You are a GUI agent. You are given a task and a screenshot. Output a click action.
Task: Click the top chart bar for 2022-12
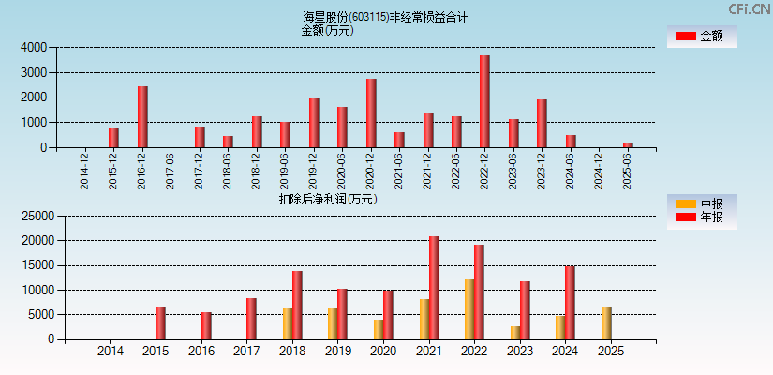(x=484, y=101)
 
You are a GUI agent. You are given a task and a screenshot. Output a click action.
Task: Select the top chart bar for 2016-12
(x=142, y=117)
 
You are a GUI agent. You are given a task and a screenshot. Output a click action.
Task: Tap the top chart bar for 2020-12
(x=371, y=113)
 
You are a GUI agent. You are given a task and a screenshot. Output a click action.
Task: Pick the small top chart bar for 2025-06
(x=628, y=145)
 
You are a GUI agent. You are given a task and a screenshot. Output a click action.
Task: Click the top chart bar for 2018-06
(x=228, y=142)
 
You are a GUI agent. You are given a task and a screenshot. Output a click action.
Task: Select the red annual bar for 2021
(x=434, y=288)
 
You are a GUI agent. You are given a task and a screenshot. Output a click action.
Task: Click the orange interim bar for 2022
(x=469, y=309)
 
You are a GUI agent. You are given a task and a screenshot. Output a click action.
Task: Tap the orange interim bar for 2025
(x=606, y=323)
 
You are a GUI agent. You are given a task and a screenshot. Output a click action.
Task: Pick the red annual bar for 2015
(x=160, y=323)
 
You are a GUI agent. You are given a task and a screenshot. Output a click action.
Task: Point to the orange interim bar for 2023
(x=515, y=333)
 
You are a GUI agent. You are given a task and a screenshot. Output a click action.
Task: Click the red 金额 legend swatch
(x=686, y=36)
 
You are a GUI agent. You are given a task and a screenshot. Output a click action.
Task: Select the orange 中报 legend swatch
(x=686, y=203)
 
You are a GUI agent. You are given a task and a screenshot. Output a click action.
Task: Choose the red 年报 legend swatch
(x=686, y=217)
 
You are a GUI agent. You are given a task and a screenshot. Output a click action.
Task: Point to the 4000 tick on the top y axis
(x=35, y=47)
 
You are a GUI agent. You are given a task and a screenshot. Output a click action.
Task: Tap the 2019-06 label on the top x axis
(x=284, y=170)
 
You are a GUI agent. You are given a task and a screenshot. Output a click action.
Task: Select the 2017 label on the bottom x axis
(x=246, y=352)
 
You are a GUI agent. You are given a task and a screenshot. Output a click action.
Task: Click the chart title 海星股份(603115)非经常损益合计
(x=385, y=17)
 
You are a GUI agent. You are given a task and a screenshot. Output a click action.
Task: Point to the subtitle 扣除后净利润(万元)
(x=328, y=199)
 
